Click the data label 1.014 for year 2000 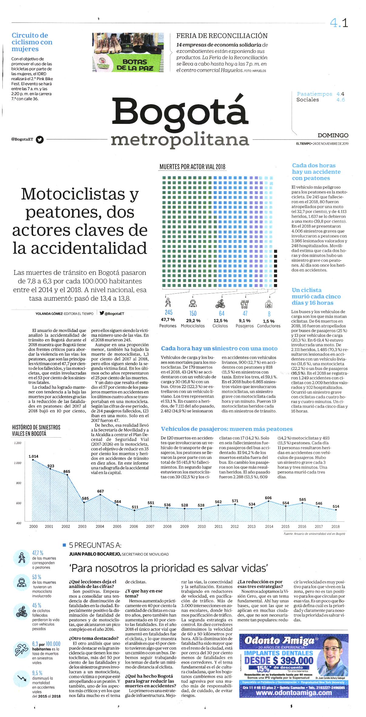34,456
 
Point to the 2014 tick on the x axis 269,526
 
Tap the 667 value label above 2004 100,491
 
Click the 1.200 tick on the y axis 18,443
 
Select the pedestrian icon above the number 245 168,302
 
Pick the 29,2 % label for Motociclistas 193,320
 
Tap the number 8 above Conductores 269,314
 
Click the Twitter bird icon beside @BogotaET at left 40,140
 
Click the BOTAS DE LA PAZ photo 128,52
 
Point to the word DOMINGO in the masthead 333,135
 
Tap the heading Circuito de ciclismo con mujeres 32,42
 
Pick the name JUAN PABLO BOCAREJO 95,554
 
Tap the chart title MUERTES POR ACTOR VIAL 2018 192,167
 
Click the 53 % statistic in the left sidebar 36,577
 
